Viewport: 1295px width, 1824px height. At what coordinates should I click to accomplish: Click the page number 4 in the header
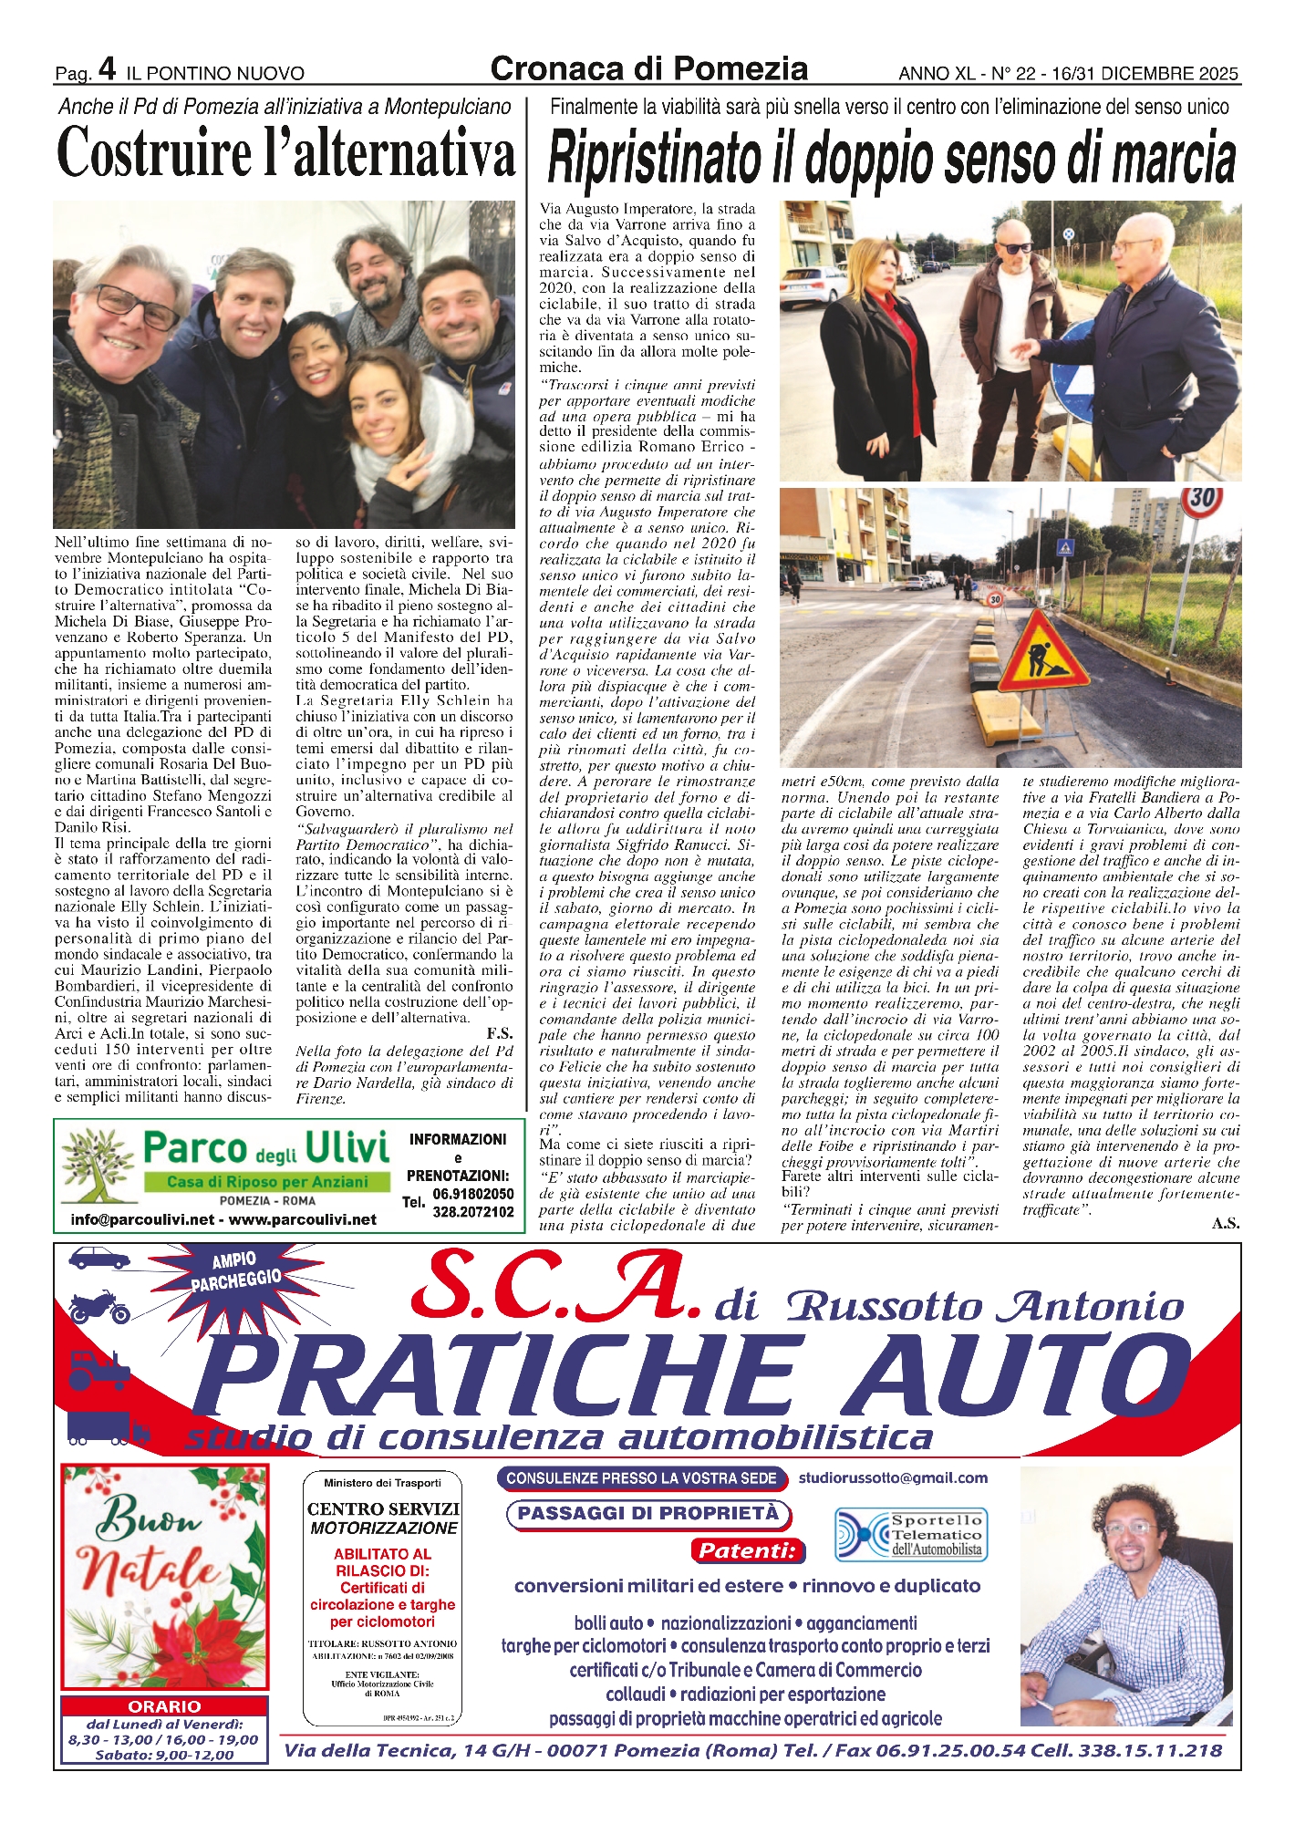108,68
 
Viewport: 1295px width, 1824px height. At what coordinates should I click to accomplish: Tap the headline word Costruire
155,154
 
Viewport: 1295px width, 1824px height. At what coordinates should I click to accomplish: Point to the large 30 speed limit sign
1202,500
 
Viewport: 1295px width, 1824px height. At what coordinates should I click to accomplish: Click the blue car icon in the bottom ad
98,1259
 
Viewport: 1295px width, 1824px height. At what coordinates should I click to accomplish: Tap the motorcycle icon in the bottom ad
98,1309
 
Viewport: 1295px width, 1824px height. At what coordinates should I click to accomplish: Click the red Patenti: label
748,1550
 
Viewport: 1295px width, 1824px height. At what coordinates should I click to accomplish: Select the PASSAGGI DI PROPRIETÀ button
647,1514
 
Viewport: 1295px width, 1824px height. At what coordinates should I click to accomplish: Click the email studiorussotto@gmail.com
893,1478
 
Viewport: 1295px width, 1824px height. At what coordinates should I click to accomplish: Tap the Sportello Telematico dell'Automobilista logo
911,1535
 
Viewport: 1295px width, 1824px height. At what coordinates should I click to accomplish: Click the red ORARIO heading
164,1706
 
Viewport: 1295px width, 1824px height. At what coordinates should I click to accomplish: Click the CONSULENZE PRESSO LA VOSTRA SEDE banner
642,1478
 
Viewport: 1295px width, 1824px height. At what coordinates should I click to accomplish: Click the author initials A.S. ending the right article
1225,1224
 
